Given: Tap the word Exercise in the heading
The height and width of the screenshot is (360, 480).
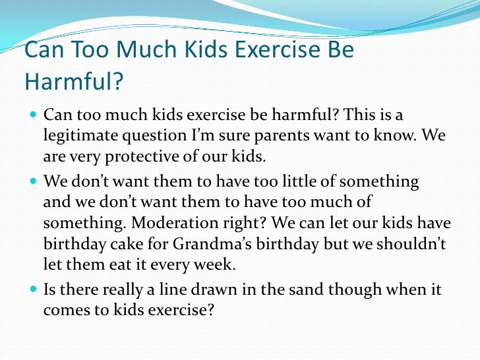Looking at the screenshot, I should coord(264,51).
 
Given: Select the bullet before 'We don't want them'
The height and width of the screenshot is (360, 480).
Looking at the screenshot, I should coord(34,181).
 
